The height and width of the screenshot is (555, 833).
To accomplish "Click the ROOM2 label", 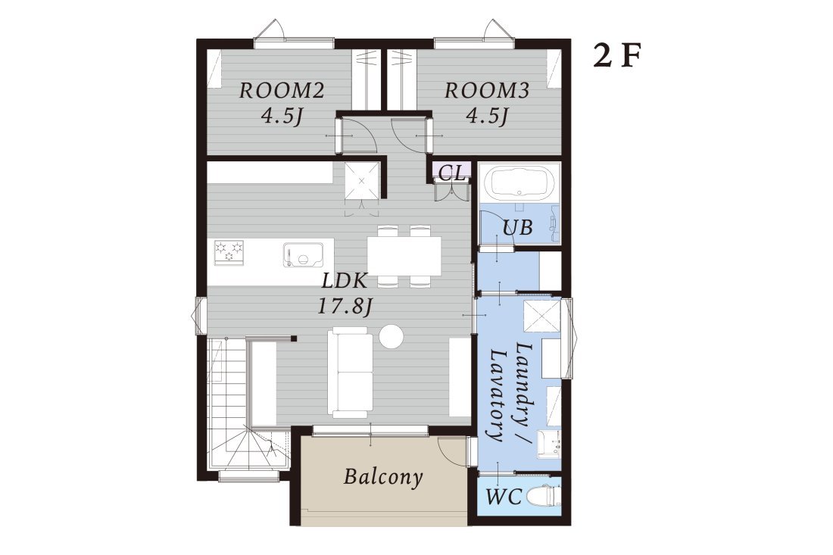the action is [x=282, y=91].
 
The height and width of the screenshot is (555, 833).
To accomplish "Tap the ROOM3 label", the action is [x=487, y=91].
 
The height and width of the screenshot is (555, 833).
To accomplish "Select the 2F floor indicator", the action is [x=616, y=56].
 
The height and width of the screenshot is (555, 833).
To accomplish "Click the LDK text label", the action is [x=345, y=280].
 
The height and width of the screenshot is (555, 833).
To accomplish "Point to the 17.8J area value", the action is [x=345, y=306].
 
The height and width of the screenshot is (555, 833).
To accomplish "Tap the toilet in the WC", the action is [x=542, y=497].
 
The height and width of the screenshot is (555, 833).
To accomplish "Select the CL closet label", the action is [x=452, y=172].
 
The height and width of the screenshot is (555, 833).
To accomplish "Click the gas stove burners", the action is [x=229, y=251].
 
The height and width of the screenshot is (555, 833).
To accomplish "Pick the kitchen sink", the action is [x=303, y=254].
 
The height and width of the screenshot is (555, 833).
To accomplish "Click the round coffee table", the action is [x=392, y=336].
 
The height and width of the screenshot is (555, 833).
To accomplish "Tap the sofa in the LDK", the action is [x=350, y=373].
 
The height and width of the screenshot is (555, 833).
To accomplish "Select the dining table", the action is [x=404, y=255].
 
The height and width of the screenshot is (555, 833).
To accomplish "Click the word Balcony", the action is [x=383, y=476].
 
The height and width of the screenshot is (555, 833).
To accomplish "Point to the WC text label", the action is [x=504, y=497].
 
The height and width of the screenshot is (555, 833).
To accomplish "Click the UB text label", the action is [x=517, y=227].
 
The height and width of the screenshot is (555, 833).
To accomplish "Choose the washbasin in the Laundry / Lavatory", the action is [x=549, y=444].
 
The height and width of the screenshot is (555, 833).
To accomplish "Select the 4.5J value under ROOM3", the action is [x=487, y=115].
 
